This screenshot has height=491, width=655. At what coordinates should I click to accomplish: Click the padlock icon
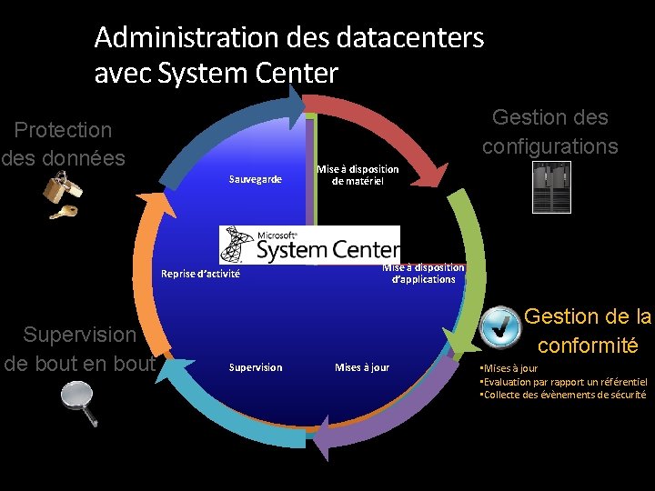(x=62, y=187)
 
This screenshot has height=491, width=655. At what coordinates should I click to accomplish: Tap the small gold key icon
(x=63, y=213)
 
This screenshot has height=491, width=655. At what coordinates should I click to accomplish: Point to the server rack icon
(x=551, y=187)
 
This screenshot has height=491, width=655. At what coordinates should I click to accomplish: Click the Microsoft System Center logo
(x=309, y=244)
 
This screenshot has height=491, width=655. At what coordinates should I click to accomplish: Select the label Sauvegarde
(x=256, y=180)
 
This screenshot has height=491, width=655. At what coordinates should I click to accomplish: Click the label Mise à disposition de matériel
(x=358, y=175)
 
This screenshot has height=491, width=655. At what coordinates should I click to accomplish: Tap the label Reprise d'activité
(x=201, y=274)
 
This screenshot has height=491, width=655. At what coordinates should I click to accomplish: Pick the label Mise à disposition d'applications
(x=423, y=273)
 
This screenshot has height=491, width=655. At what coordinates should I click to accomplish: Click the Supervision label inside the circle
(x=256, y=367)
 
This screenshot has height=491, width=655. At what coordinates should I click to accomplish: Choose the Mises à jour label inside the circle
(x=362, y=367)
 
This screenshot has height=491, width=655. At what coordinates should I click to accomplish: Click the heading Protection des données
(x=63, y=144)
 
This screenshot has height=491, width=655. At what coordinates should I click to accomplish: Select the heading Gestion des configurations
(x=550, y=132)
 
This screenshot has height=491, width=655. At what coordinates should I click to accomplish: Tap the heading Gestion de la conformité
(x=588, y=331)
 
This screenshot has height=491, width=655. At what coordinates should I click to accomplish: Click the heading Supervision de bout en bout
(x=80, y=349)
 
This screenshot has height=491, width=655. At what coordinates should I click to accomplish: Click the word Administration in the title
(x=185, y=38)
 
